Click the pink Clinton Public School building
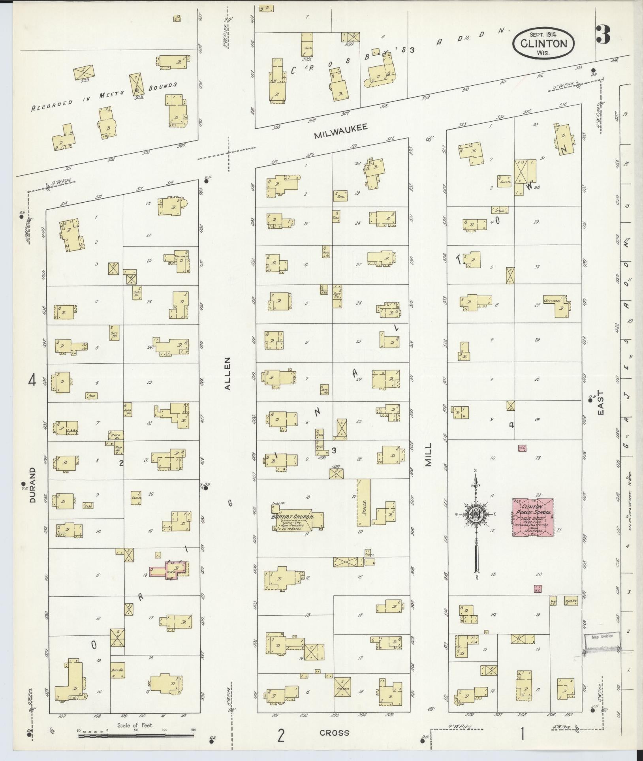[533, 517]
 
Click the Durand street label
[33, 485]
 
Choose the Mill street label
[429, 455]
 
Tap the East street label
[601, 403]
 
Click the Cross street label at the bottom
[335, 733]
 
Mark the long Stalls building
[363, 502]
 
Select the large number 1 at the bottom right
[522, 734]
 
